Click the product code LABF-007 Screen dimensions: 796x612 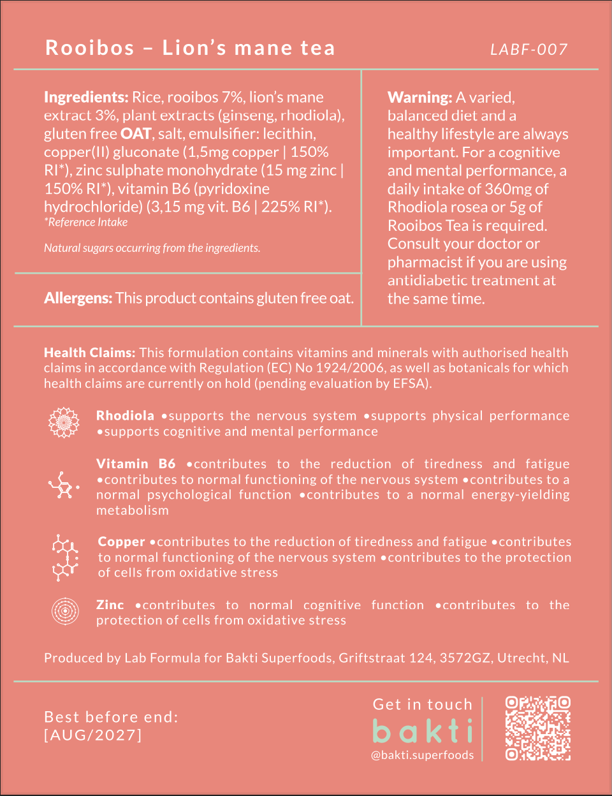point(528,49)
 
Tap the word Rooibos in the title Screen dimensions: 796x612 point(90,48)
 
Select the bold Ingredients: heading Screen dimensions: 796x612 point(86,98)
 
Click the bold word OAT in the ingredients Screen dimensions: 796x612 point(136,134)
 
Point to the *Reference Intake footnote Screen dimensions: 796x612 point(85,222)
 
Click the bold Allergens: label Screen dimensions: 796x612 point(78,298)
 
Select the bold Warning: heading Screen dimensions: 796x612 point(419,98)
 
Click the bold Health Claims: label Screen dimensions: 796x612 point(89,352)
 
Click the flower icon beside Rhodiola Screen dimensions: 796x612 point(64,422)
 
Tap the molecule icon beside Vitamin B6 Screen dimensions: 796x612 point(64,486)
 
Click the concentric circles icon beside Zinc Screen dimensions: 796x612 point(65,611)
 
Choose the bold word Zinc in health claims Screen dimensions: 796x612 point(110,605)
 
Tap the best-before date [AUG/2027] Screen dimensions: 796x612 point(93,735)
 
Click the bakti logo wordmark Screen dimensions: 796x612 point(423,731)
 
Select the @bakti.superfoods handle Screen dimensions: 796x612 point(423,755)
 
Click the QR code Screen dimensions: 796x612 point(537,728)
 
